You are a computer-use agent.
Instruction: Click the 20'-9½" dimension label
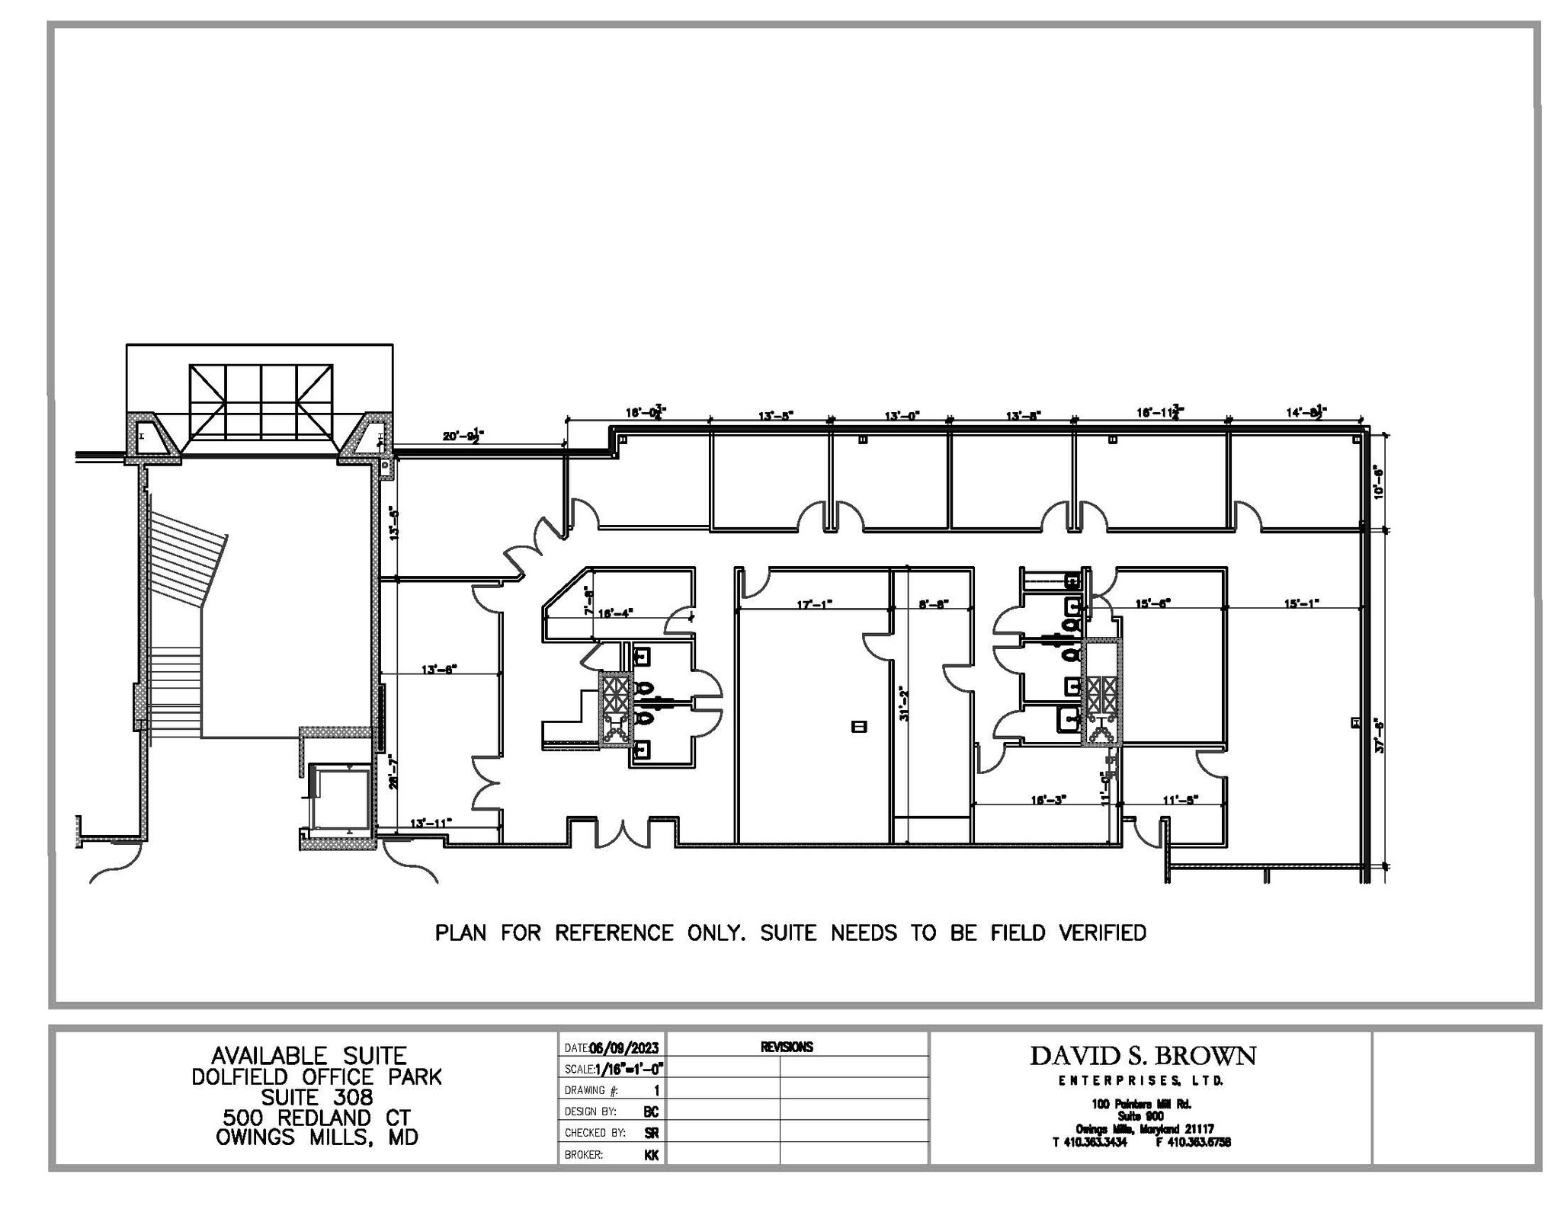pos(463,436)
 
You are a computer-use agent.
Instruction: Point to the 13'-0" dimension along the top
pos(902,416)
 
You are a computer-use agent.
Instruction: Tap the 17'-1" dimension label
pos(814,604)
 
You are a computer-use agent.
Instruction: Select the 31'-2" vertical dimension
pos(905,703)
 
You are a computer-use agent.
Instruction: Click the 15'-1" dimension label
pos(1301,603)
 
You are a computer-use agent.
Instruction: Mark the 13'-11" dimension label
pos(431,823)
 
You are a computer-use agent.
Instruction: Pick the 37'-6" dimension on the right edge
pos(1380,734)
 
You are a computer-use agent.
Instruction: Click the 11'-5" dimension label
pos(1181,799)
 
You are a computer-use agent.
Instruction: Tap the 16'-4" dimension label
pos(615,613)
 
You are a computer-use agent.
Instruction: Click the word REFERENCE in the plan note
pos(614,933)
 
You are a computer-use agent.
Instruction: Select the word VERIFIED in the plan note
pos(1102,933)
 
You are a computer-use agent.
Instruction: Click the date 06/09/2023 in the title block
pos(623,1048)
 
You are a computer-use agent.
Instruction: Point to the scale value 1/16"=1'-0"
pos(629,1069)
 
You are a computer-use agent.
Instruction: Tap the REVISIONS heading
pos(787,1048)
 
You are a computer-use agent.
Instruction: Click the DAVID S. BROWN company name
pos(1143,1056)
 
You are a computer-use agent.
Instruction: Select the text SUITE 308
pos(317,1097)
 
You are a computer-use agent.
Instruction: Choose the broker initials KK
pos(651,1155)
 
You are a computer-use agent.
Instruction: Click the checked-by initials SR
pos(651,1133)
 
